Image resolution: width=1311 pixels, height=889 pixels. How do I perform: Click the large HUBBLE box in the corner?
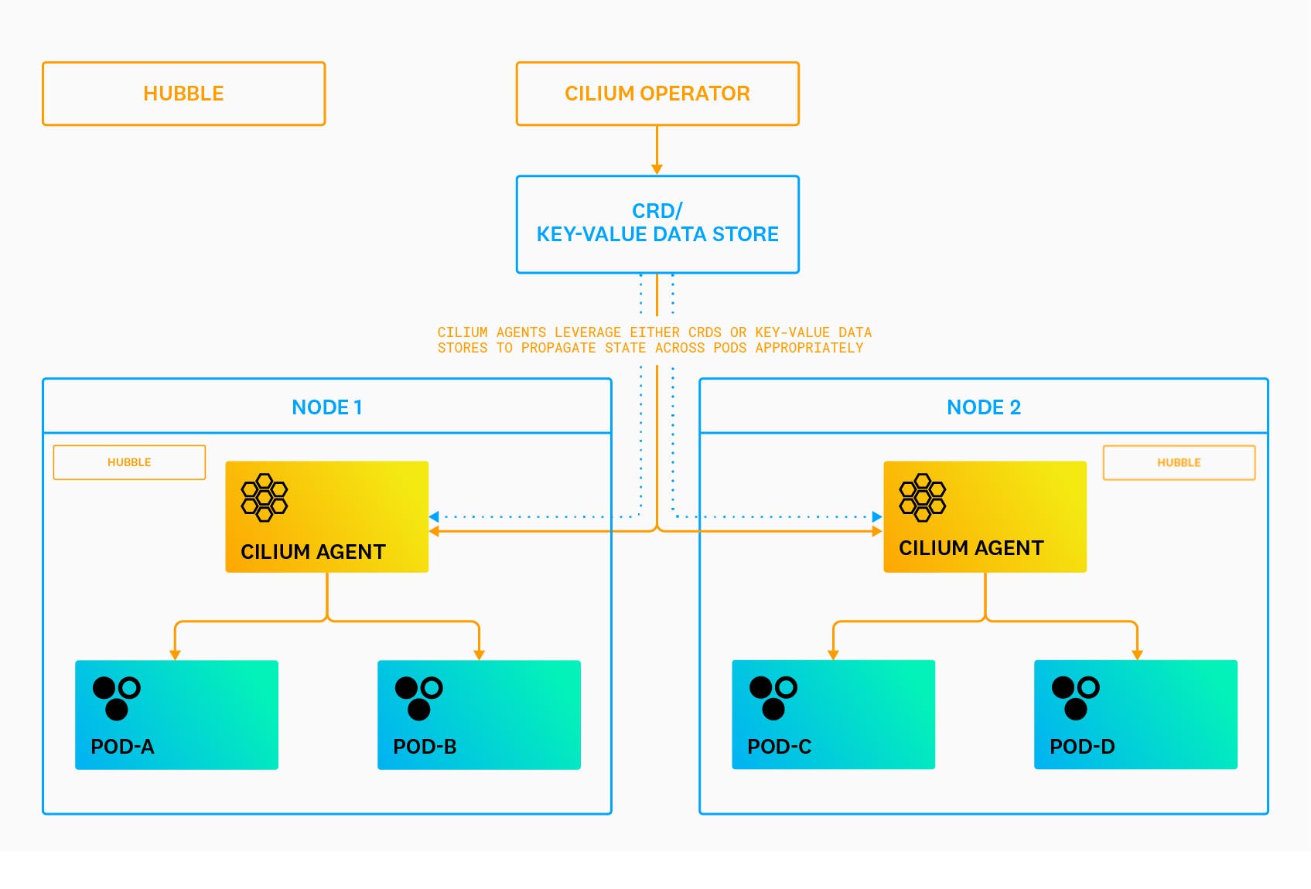183,94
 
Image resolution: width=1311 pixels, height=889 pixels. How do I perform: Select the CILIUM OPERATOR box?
657,94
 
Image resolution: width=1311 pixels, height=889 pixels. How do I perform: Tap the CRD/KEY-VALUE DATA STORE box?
657,223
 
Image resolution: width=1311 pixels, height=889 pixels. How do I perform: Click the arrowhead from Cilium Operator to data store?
657,169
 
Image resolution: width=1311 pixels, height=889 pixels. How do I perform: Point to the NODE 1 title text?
326,407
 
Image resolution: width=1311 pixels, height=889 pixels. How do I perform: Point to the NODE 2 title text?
983,407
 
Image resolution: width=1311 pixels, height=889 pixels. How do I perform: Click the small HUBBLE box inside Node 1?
129,462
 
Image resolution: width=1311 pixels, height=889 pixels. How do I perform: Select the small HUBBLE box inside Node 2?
1178,462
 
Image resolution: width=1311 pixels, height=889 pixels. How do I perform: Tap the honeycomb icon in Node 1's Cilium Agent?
264,497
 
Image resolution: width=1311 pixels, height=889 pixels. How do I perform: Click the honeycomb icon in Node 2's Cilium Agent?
922,497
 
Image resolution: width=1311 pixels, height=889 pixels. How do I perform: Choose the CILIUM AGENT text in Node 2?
971,548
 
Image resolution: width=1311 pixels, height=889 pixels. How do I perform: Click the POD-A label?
122,747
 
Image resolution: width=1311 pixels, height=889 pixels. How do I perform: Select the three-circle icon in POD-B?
418,697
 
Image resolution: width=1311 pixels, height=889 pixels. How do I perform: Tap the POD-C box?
833,714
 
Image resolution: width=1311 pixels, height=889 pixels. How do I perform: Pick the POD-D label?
1081,747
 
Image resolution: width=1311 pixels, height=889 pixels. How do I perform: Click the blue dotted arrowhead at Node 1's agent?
434,516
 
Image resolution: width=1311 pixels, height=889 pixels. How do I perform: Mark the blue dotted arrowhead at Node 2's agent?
877,516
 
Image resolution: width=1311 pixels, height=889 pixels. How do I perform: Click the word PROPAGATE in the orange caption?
558,348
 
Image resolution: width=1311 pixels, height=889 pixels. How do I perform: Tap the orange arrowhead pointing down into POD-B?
479,655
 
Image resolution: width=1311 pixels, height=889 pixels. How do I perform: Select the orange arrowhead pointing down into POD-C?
833,655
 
